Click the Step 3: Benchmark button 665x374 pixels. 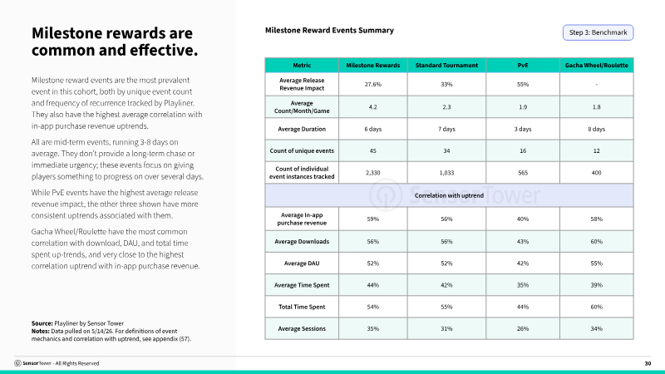point(598,32)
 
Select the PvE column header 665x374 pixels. point(523,66)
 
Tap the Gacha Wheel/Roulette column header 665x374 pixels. point(596,66)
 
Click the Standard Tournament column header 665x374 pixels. point(446,66)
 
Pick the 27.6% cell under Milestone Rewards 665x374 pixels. point(372,85)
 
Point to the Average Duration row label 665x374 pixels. point(302,129)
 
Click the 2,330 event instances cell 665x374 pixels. point(372,173)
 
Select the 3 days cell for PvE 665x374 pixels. point(523,129)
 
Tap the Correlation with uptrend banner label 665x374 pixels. point(449,195)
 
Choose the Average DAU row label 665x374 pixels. point(302,263)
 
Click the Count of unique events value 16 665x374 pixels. point(523,150)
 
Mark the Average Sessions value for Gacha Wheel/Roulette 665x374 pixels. point(596,328)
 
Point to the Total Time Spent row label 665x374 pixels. point(302,307)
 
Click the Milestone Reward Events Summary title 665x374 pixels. point(329,31)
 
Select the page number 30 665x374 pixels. point(648,363)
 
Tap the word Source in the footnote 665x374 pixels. point(42,323)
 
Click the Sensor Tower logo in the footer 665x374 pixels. point(17,363)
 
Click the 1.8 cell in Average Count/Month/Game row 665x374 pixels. point(596,107)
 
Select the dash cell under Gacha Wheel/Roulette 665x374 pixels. point(596,85)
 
